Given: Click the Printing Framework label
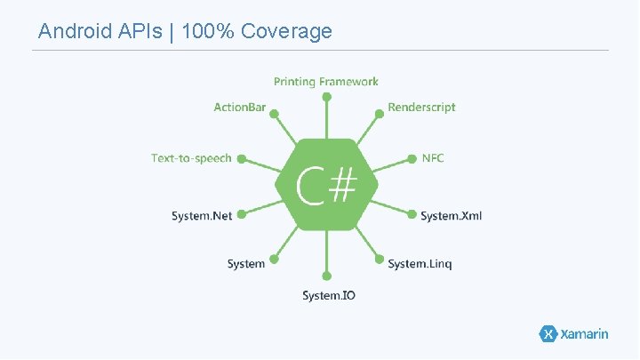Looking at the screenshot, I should tap(325, 82).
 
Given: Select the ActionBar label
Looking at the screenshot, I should tap(239, 108).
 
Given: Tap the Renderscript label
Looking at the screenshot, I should tap(421, 108).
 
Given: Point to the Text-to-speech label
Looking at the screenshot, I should tap(191, 158).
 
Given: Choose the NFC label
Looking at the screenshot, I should tap(433, 158).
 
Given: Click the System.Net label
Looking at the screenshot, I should tap(202, 216).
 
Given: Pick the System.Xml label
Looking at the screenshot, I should tap(451, 216).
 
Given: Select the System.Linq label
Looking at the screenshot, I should tap(420, 264).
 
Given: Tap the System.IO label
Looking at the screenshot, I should tap(328, 295).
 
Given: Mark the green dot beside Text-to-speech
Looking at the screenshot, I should tap(241, 159).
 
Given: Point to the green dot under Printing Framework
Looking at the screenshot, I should tap(326, 95).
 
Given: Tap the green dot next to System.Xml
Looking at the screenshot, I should tap(412, 212).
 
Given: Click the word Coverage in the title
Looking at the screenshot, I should tap(286, 32).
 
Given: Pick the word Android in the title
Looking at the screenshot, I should tap(75, 32).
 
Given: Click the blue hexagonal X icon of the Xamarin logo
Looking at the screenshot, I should tap(548, 334).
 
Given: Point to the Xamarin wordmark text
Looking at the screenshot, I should tap(584, 334).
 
